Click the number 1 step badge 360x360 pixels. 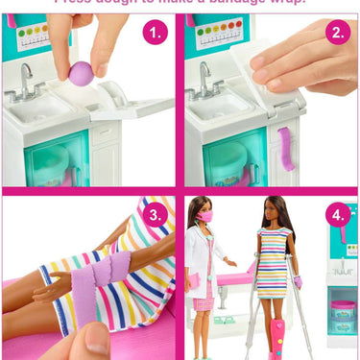tap(154, 35)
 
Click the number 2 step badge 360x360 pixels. tap(336, 35)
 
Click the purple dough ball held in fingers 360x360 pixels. tap(82, 72)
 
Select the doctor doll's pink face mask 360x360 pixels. tap(204, 217)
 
